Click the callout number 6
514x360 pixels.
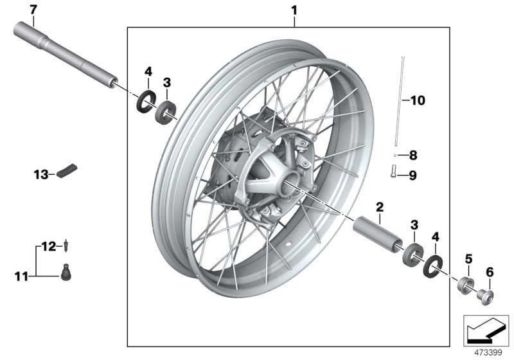(x=490, y=272)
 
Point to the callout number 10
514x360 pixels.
(x=418, y=100)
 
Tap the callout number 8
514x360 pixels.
(x=413, y=155)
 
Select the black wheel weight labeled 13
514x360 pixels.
(x=67, y=171)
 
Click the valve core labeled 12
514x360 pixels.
(x=66, y=246)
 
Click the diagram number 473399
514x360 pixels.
(x=488, y=352)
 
